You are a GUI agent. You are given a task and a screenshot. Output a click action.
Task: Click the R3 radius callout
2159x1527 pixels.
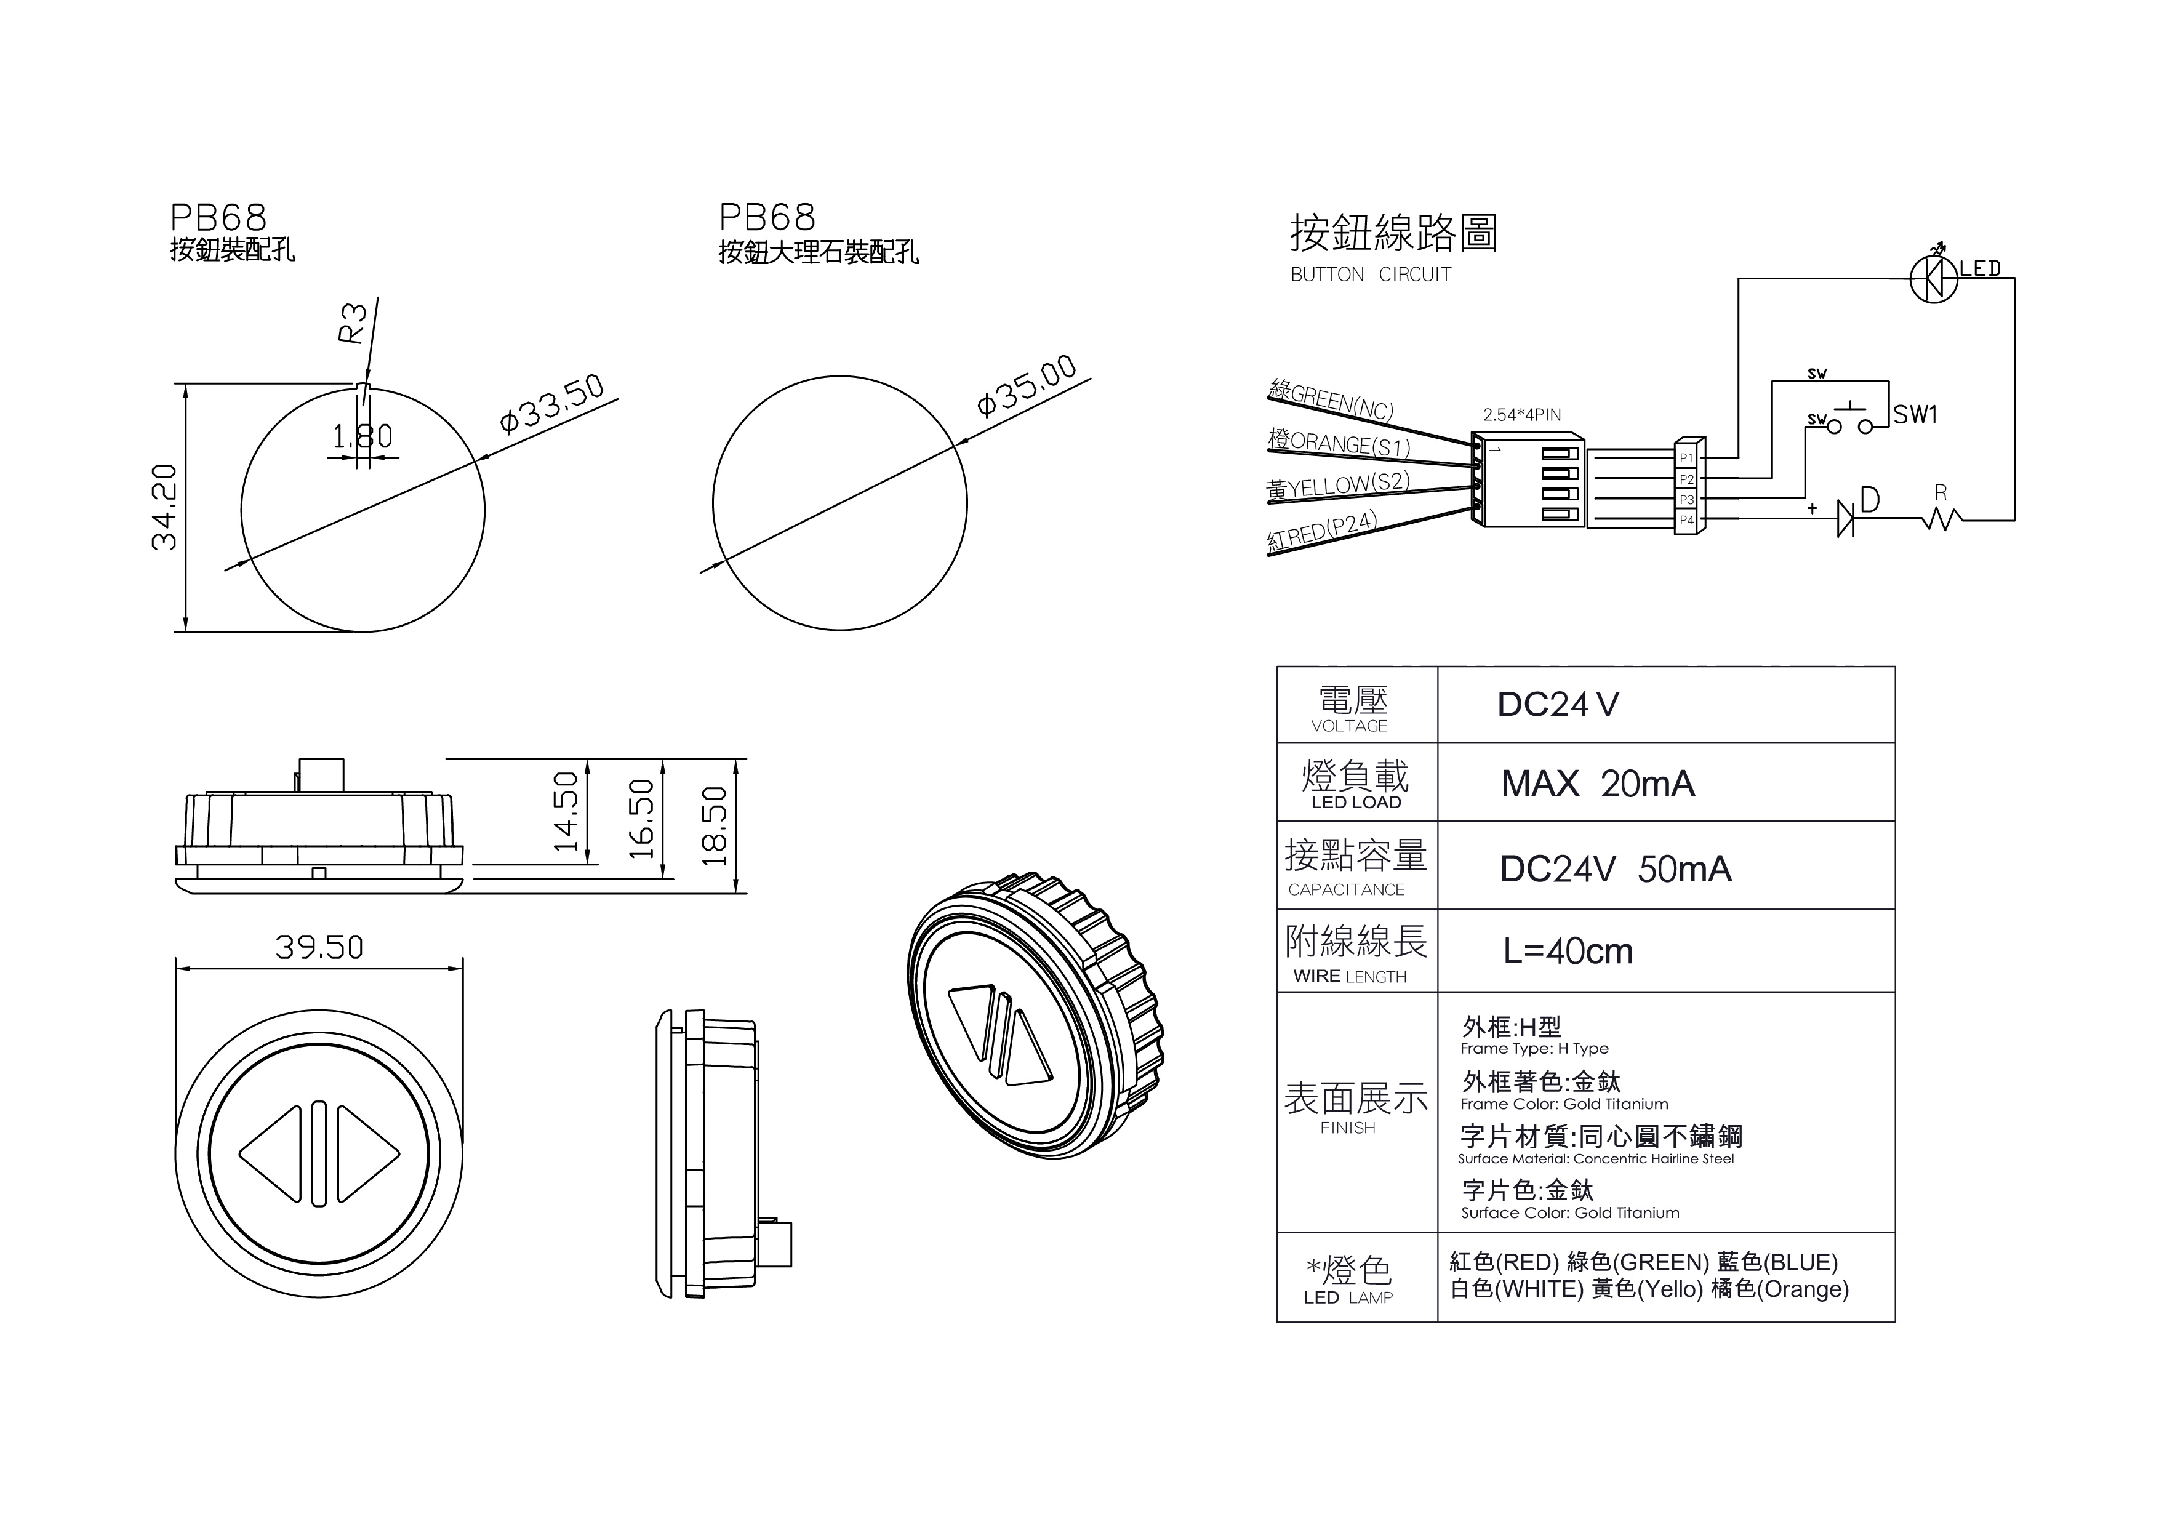tap(351, 324)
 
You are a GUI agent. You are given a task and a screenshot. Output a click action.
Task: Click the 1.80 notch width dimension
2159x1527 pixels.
tap(363, 436)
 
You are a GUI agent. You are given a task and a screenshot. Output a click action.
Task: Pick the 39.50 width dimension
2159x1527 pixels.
tap(319, 947)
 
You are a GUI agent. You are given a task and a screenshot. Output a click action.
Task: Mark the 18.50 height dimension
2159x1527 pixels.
tap(715, 825)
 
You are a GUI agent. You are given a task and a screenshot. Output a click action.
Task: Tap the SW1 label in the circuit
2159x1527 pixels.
tap(1915, 415)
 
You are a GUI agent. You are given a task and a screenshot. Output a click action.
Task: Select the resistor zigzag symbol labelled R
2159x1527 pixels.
tap(1942, 518)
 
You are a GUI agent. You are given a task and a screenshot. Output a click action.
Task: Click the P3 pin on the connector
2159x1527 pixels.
tap(1687, 499)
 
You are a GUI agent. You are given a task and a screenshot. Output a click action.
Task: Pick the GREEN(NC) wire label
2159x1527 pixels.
tap(1331, 401)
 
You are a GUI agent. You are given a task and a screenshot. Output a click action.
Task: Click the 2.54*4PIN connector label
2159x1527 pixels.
tap(1521, 415)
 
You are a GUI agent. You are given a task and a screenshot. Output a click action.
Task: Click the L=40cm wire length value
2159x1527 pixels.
tap(1568, 952)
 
